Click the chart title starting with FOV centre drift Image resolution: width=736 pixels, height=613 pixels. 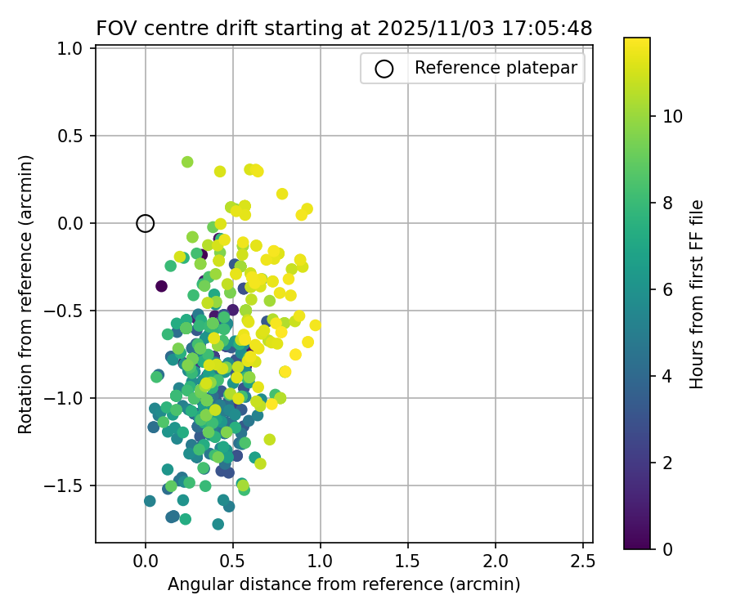click(344, 29)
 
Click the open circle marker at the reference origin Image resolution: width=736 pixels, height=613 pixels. click(146, 223)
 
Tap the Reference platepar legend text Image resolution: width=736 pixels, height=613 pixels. click(496, 68)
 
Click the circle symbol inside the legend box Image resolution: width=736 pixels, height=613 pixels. click(384, 69)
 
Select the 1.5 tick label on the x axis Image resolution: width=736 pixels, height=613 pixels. click(408, 562)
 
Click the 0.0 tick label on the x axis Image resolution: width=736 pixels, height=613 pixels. click(146, 562)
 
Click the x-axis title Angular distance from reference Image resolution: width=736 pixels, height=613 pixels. click(344, 584)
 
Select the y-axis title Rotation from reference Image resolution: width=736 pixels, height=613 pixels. click(26, 294)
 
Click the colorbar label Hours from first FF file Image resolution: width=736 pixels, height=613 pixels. click(697, 294)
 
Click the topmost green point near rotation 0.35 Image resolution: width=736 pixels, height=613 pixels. click(187, 162)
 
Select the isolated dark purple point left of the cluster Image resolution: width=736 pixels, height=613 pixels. click(161, 286)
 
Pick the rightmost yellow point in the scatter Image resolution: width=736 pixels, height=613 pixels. click(315, 325)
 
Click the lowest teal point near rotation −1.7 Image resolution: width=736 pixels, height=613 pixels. click(218, 524)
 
